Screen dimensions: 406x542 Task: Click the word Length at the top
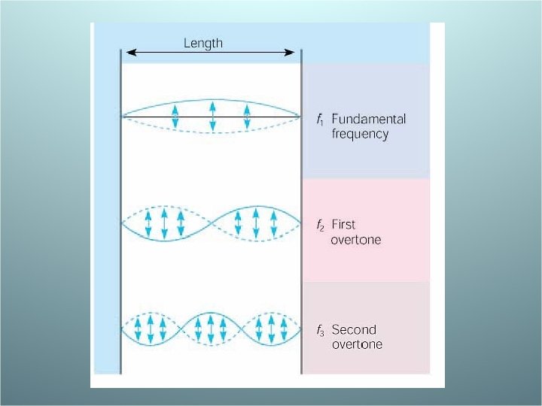tap(203, 43)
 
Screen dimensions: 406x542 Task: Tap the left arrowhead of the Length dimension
tap(129, 52)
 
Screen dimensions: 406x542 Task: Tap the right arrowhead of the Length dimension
tap(292, 52)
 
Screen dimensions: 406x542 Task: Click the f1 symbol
tap(321, 120)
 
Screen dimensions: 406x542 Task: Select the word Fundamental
tap(368, 119)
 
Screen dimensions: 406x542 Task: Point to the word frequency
tap(360, 135)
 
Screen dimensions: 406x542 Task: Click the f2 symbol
tap(321, 225)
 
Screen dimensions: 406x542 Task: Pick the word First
tap(343, 224)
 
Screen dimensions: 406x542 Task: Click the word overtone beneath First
tap(356, 240)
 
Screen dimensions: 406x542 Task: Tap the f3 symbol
tap(321, 330)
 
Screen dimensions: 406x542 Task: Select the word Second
tap(354, 329)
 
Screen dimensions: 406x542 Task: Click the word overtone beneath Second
tap(357, 344)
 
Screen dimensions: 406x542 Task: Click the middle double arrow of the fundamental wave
tap(212, 116)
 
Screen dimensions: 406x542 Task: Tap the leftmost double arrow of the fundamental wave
tap(175, 116)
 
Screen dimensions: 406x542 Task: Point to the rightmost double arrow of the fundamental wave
tap(247, 116)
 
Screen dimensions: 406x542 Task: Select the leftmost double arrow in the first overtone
tap(148, 223)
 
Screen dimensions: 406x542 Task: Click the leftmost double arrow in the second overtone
tap(139, 329)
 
